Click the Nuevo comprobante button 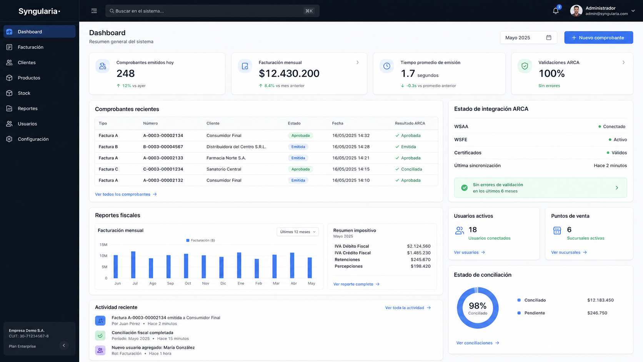598,38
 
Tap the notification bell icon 556,11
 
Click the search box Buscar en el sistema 212,11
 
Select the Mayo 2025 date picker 528,38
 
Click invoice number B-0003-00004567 163,147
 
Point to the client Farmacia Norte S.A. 226,158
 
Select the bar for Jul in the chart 133,265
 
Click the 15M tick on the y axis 103,245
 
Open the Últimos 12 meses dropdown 297,232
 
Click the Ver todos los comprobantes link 126,194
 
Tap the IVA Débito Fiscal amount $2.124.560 418,246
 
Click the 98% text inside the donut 477,305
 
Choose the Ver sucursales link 569,252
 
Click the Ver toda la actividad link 408,308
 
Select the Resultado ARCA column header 410,123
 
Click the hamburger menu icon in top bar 94,11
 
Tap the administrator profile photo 576,11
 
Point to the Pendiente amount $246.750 597,313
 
